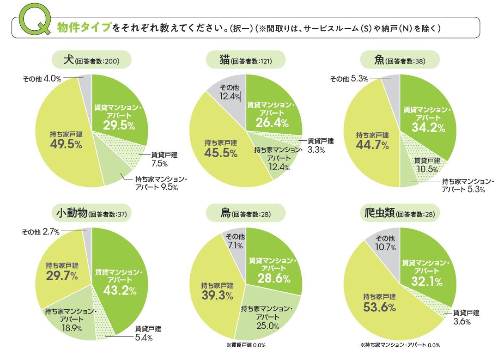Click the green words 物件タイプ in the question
84,27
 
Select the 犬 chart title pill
91,60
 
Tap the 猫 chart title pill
245,60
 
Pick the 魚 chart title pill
400,60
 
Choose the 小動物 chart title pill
92,213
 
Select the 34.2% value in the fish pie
428,127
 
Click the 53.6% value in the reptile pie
379,307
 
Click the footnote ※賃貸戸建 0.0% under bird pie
246,345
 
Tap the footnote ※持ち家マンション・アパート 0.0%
400,345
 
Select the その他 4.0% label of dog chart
42,78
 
